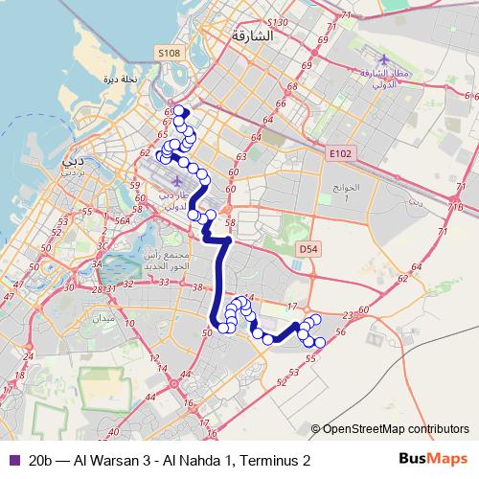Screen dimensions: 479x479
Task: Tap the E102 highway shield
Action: (x=339, y=152)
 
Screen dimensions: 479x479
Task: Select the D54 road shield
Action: (x=308, y=248)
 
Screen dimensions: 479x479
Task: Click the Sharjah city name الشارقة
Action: (x=253, y=35)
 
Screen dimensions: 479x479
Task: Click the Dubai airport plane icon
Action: (x=178, y=181)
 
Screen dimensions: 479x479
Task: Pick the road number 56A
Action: (x=122, y=220)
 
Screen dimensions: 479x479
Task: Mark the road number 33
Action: (x=164, y=281)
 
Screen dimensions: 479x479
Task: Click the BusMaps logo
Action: (x=439, y=461)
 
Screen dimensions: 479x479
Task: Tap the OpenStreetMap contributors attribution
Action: (x=396, y=429)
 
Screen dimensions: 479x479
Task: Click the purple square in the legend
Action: (x=13, y=461)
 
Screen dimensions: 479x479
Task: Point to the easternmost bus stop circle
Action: (x=320, y=343)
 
